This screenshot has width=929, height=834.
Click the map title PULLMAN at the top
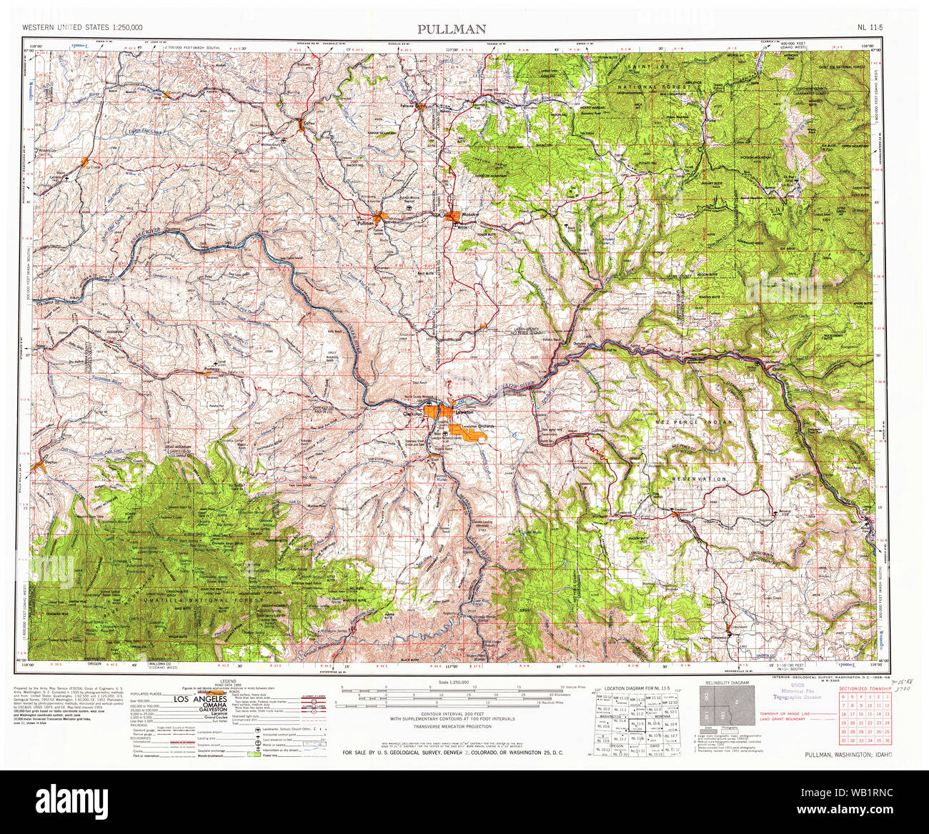[x=452, y=29]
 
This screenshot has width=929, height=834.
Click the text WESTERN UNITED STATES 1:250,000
[x=82, y=27]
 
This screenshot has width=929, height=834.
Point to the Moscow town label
[x=469, y=215]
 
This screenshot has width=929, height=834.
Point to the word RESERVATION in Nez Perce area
[x=698, y=479]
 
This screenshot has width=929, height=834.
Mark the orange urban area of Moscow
[x=452, y=216]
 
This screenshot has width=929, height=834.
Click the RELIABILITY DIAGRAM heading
[x=727, y=683]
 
